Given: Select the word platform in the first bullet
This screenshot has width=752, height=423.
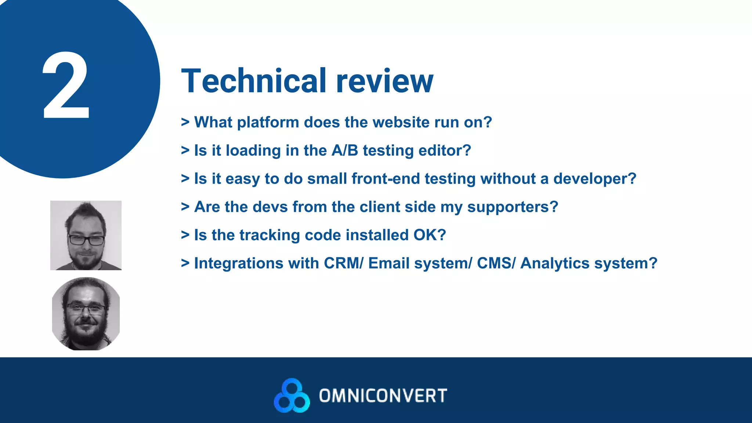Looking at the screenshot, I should click(268, 123).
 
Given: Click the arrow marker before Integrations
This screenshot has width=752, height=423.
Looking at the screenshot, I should click(185, 263).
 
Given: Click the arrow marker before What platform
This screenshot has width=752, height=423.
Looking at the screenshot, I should click(185, 122).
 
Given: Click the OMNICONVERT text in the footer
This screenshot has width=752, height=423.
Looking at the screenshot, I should click(383, 396).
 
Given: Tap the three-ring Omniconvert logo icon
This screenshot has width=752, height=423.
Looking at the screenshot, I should click(292, 396).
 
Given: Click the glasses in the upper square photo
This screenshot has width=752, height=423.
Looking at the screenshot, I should click(86, 241).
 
